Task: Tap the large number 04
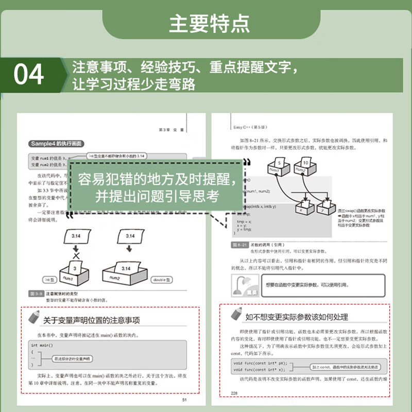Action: point(28,75)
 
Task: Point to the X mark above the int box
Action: point(76,256)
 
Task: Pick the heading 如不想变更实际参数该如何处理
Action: point(296,316)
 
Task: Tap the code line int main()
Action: point(41,345)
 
